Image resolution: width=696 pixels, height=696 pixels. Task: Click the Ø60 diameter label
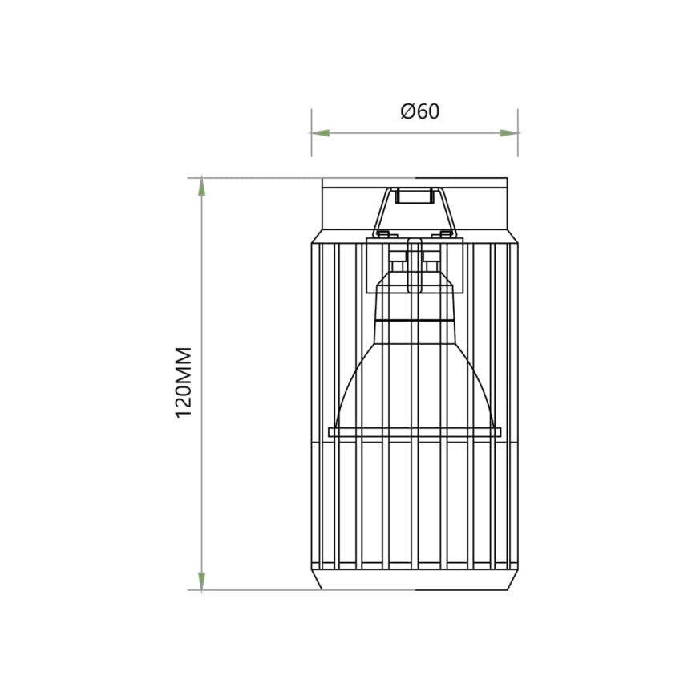coord(420,111)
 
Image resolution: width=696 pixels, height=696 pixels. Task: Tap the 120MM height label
coord(184,382)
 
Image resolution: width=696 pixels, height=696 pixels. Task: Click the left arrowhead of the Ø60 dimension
coord(321,133)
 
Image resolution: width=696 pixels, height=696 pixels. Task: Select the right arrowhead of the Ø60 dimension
coord(508,133)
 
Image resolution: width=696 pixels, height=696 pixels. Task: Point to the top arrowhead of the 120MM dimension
coord(201,187)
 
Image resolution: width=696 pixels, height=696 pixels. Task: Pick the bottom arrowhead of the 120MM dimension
coord(201,581)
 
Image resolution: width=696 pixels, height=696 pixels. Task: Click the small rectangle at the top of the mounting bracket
coord(415,194)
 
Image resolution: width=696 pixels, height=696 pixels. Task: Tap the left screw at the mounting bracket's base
coord(382,234)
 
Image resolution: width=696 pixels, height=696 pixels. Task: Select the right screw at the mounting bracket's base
coord(447,234)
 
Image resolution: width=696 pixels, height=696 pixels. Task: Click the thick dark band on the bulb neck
coord(415,319)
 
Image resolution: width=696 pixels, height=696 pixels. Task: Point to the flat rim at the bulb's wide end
coord(415,432)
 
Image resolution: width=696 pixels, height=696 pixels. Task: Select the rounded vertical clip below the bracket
coord(415,265)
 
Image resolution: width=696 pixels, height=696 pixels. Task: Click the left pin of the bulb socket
coord(397,265)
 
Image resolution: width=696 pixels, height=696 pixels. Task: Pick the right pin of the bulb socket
coord(432,265)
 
